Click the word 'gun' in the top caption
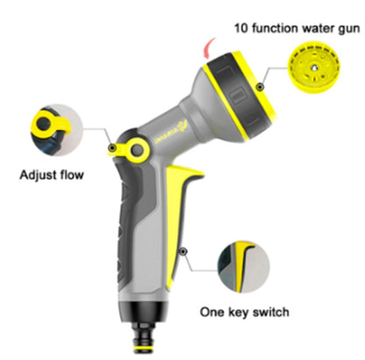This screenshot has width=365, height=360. click(349, 30)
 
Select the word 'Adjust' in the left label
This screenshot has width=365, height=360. click(38, 176)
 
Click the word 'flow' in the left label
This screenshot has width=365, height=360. click(72, 175)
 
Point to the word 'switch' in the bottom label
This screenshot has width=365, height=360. click(271, 312)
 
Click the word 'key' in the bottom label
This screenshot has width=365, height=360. click(239, 313)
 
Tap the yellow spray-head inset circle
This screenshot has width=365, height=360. click(314, 67)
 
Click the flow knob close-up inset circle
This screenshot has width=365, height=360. click(57, 130)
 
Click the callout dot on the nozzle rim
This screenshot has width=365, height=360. click(260, 87)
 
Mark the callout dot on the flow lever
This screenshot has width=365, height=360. click(112, 148)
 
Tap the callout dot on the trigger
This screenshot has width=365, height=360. click(183, 251)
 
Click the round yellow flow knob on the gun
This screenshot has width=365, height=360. click(137, 150)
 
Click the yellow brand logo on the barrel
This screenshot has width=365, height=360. click(172, 133)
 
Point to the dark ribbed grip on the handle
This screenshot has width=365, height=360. click(125, 222)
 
